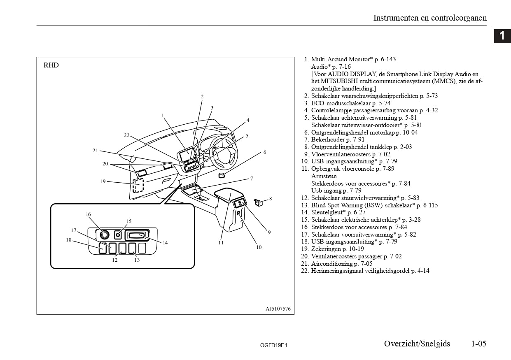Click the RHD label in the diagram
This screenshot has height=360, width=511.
(51, 65)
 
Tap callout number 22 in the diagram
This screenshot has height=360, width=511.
(127, 135)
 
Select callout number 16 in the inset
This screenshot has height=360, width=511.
(88, 214)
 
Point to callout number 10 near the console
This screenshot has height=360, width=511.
(259, 247)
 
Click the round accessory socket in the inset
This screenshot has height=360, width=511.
(103, 235)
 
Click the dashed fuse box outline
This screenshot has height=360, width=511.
(138, 186)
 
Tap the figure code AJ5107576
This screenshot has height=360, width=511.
(278, 309)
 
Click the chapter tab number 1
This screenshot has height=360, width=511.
(502, 36)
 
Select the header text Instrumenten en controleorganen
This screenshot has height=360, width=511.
(430, 18)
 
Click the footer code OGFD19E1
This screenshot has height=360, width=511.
(273, 345)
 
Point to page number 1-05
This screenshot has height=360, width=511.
(478, 344)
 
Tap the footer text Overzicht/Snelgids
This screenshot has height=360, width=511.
(417, 344)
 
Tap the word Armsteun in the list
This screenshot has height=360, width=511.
(324, 176)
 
